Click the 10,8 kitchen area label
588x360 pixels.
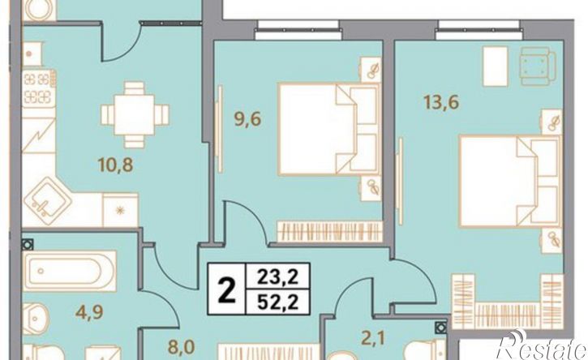click(115, 165)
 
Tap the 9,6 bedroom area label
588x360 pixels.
click(247, 120)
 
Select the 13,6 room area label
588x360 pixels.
click(441, 101)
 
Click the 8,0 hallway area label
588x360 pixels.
click(182, 347)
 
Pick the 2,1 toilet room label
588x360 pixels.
click(373, 339)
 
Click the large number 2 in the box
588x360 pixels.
click(227, 289)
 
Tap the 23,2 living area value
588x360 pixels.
click(278, 276)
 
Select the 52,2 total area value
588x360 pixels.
click(278, 302)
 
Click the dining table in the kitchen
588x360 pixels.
click(135, 115)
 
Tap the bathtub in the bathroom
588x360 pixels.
click(70, 271)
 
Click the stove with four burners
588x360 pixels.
click(39, 88)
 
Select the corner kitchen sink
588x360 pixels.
click(47, 201)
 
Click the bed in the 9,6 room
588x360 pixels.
click(329, 130)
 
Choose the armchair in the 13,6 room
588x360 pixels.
click(536, 66)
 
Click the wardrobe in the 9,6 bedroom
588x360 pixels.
click(329, 231)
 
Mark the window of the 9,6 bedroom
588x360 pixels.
click(299, 30)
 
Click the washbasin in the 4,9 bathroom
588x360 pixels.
click(36, 319)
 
